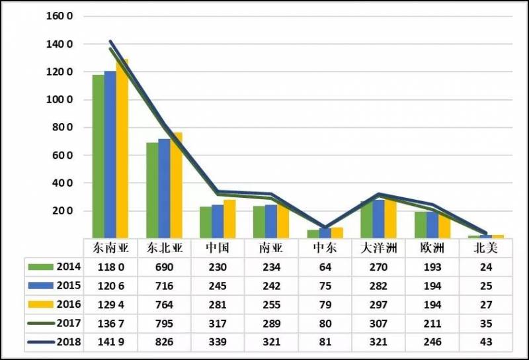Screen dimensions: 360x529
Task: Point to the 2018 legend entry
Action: pyautogui.click(x=56, y=342)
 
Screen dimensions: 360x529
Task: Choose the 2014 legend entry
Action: pyautogui.click(x=56, y=266)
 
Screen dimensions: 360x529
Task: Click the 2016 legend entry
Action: pyautogui.click(x=56, y=304)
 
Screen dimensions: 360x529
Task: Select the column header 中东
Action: pyautogui.click(x=325, y=248)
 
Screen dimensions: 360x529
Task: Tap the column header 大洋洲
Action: pyautogui.click(x=378, y=248)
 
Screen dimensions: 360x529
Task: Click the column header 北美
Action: pyautogui.click(x=486, y=248)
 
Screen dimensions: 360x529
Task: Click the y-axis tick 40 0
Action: pyautogui.click(x=64, y=183)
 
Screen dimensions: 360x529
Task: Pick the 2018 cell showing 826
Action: pyautogui.click(x=163, y=342)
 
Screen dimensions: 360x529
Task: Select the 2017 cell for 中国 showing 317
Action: pyautogui.click(x=217, y=324)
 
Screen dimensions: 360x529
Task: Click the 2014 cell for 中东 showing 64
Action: pyautogui.click(x=325, y=267)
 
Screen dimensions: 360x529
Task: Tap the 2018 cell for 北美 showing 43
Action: pyautogui.click(x=486, y=342)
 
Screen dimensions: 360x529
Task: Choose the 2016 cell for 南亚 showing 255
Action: pyautogui.click(x=271, y=304)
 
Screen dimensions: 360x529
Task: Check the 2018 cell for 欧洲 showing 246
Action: pyautogui.click(x=432, y=342)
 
